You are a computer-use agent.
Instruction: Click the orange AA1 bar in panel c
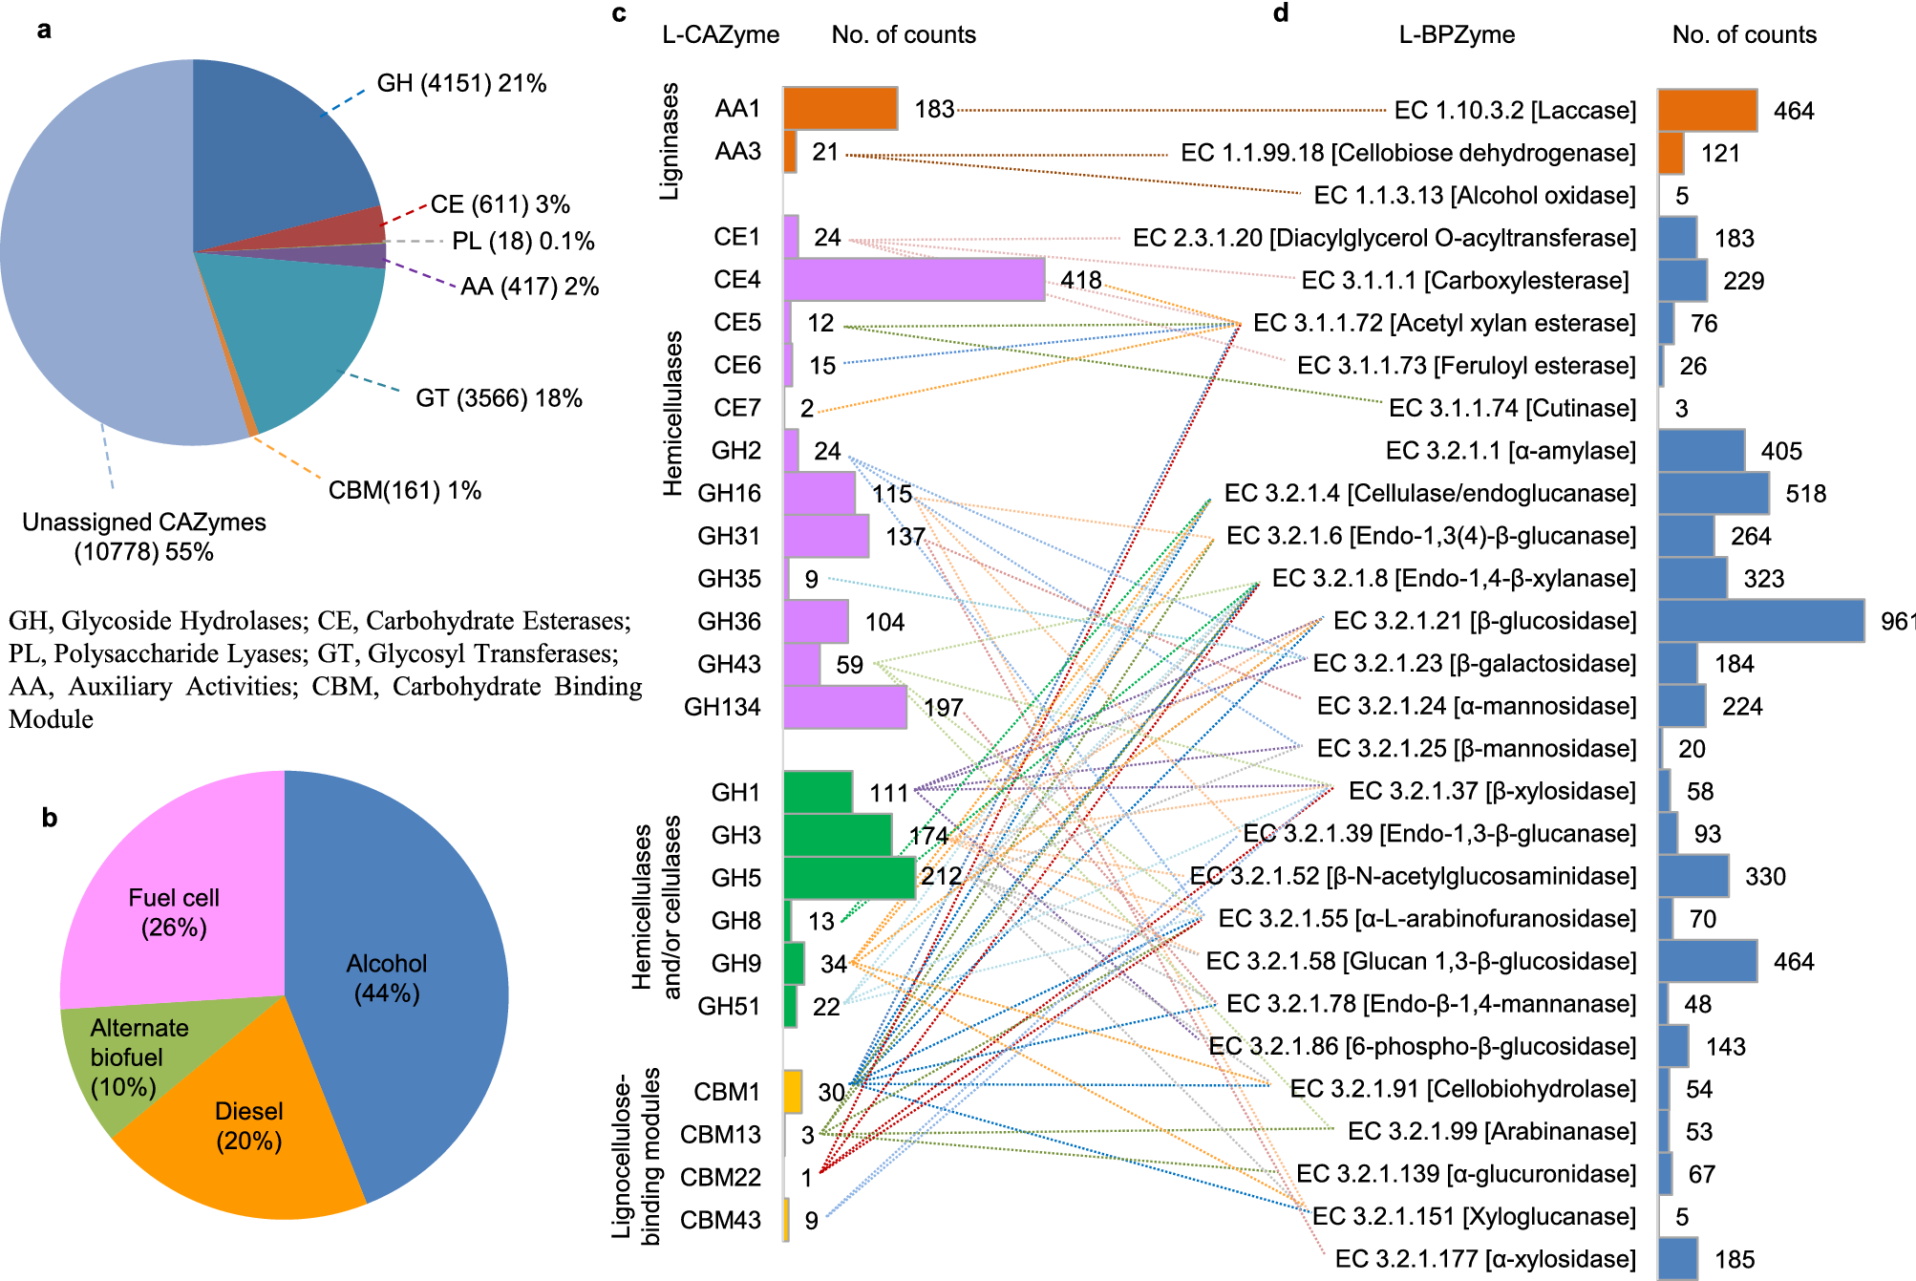841,109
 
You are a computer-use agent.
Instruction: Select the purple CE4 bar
914,280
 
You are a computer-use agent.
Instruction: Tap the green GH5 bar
849,878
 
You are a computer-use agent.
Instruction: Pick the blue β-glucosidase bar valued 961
1760,621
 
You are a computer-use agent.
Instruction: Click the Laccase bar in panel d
1707,110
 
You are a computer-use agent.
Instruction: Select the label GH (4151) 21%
461,84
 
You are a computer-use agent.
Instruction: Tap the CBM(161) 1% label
404,491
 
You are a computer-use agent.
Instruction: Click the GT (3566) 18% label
499,398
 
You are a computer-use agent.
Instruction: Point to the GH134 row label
722,707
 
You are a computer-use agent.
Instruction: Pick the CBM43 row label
720,1220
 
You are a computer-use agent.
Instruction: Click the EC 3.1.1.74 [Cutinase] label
1512,408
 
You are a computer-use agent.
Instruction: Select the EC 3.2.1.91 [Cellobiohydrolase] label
1462,1089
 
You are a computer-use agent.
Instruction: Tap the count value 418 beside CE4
1080,280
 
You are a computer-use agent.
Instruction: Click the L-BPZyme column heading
1457,35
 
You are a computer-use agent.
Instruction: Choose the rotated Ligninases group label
670,141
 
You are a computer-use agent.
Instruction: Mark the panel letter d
1281,12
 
